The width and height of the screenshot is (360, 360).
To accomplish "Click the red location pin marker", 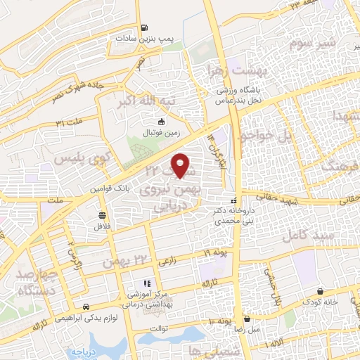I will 181,165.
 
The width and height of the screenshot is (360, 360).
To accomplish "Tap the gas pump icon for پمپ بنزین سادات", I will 145,28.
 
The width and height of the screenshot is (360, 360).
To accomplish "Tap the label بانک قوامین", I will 107,189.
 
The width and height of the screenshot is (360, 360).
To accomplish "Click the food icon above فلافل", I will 103,215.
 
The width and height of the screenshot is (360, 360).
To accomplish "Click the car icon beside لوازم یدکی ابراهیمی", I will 86,307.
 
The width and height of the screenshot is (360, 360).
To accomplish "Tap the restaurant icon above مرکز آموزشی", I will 139,283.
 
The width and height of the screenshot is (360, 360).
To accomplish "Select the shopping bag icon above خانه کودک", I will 321,291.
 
